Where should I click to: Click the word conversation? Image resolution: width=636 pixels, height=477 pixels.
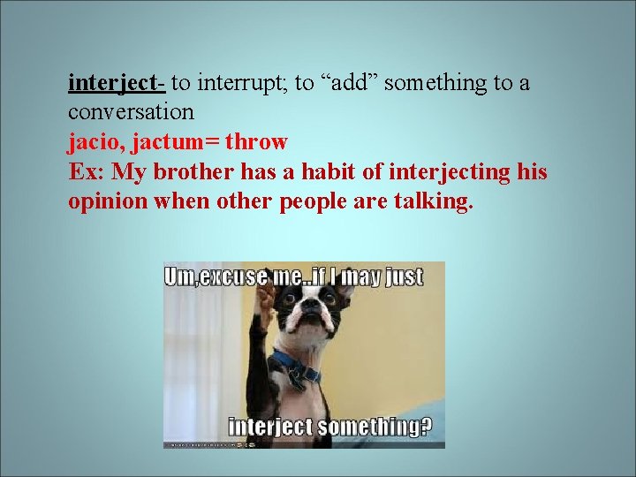[131, 112]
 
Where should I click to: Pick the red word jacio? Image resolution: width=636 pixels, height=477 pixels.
[95, 141]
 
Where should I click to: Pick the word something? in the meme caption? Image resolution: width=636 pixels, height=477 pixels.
[375, 428]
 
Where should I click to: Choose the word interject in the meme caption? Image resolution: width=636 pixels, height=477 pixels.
[270, 428]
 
